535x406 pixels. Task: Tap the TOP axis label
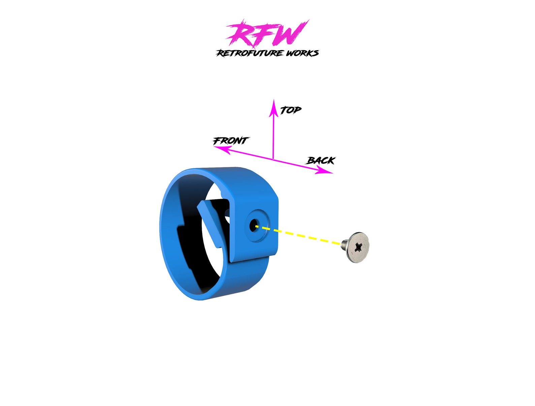[290, 110]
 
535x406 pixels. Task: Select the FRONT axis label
[231, 140]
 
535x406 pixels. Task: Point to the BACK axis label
[321, 161]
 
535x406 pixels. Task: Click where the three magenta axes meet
[273, 159]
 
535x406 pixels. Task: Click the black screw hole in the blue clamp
[253, 226]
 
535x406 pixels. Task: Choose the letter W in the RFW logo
[290, 34]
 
